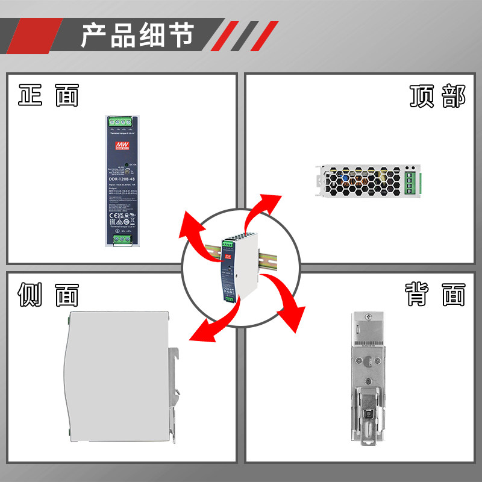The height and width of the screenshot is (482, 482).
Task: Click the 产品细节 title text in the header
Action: click(137, 35)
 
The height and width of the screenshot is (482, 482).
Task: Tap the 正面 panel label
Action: click(48, 95)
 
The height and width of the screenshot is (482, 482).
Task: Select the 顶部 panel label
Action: click(437, 96)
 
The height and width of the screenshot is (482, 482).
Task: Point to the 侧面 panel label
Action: click(48, 295)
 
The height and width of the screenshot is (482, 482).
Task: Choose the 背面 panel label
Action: click(435, 295)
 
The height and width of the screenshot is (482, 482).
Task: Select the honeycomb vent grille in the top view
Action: click(361, 181)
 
